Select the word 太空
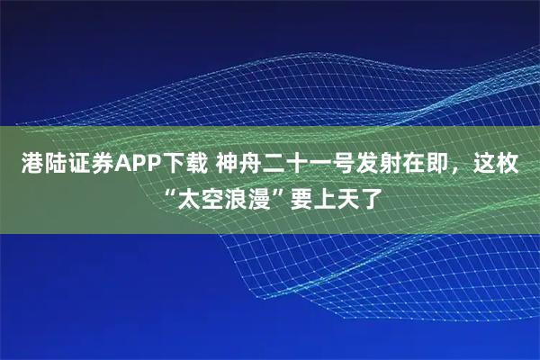(x=196, y=194)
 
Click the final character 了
(x=368, y=194)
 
